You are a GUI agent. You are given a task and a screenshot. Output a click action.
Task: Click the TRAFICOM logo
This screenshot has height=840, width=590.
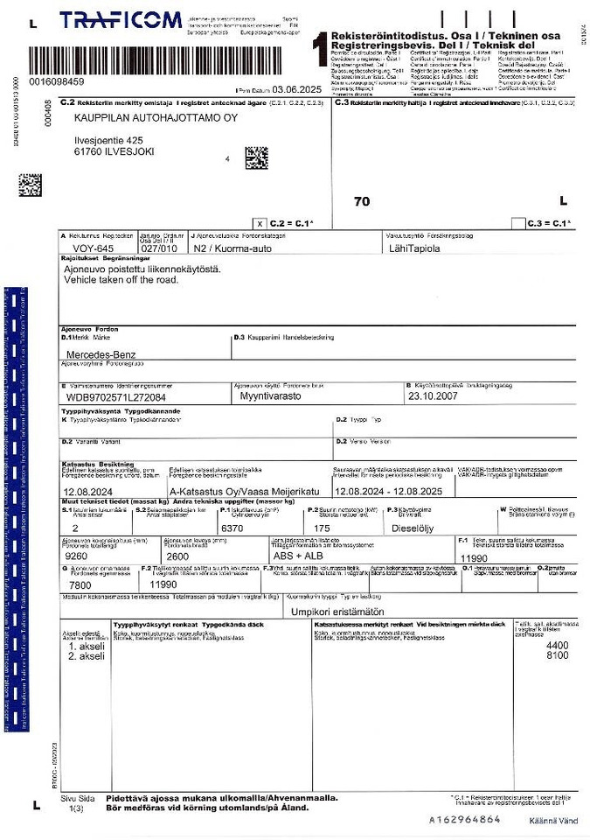click(121, 20)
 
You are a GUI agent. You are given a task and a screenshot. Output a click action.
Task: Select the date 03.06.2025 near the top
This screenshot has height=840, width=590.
click(298, 89)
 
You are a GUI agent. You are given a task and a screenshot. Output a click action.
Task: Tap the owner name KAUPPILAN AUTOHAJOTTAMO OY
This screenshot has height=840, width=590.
click(156, 118)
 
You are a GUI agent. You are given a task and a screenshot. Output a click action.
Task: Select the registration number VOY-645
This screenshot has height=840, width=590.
click(95, 248)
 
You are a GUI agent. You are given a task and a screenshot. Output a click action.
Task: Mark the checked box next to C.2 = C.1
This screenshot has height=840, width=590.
click(259, 223)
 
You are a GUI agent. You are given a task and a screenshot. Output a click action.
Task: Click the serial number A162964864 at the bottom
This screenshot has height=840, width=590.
click(464, 820)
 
